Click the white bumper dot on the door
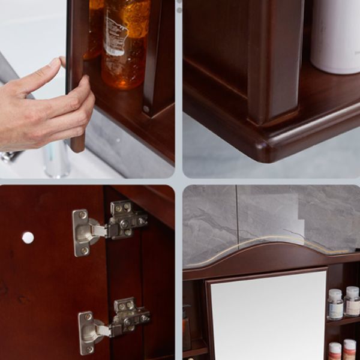tap(28, 238)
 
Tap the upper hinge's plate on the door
tap(82, 232)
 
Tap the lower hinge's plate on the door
tap(88, 332)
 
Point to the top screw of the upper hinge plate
tap(82, 215)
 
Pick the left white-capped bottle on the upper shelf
tap(335, 304)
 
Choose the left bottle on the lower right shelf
tap(335, 350)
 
